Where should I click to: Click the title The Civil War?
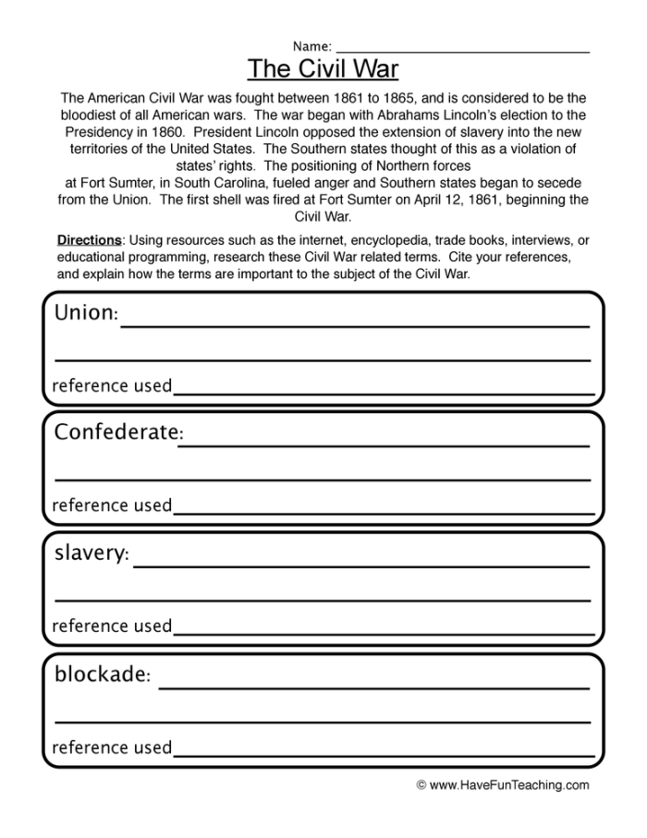[x=323, y=69]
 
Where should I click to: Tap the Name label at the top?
[x=311, y=46]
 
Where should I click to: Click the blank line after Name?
[x=462, y=51]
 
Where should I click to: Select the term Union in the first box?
[x=84, y=313]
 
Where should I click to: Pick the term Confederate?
[x=116, y=432]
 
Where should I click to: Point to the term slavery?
[x=90, y=553]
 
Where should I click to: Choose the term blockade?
[x=101, y=674]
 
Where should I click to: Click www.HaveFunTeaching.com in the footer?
[x=509, y=785]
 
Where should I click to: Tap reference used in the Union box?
[x=112, y=385]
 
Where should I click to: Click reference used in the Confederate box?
[x=112, y=505]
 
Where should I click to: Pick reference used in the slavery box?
[x=112, y=626]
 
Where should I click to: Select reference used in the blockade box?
[x=112, y=747]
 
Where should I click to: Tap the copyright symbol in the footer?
[x=421, y=785]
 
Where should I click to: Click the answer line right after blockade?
[x=374, y=686]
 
